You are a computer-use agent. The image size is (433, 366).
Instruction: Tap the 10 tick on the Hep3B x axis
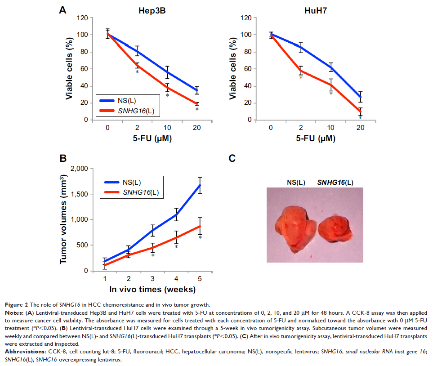pos(167,128)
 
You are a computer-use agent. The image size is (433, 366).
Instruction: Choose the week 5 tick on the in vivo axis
pos(200,279)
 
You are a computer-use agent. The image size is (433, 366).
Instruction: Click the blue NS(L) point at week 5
pos(200,185)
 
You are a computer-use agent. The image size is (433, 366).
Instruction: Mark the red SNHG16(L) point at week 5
pos(200,226)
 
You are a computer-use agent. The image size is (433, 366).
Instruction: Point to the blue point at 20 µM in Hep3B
pos(196,90)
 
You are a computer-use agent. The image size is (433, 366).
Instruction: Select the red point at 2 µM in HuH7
pos(301,70)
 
